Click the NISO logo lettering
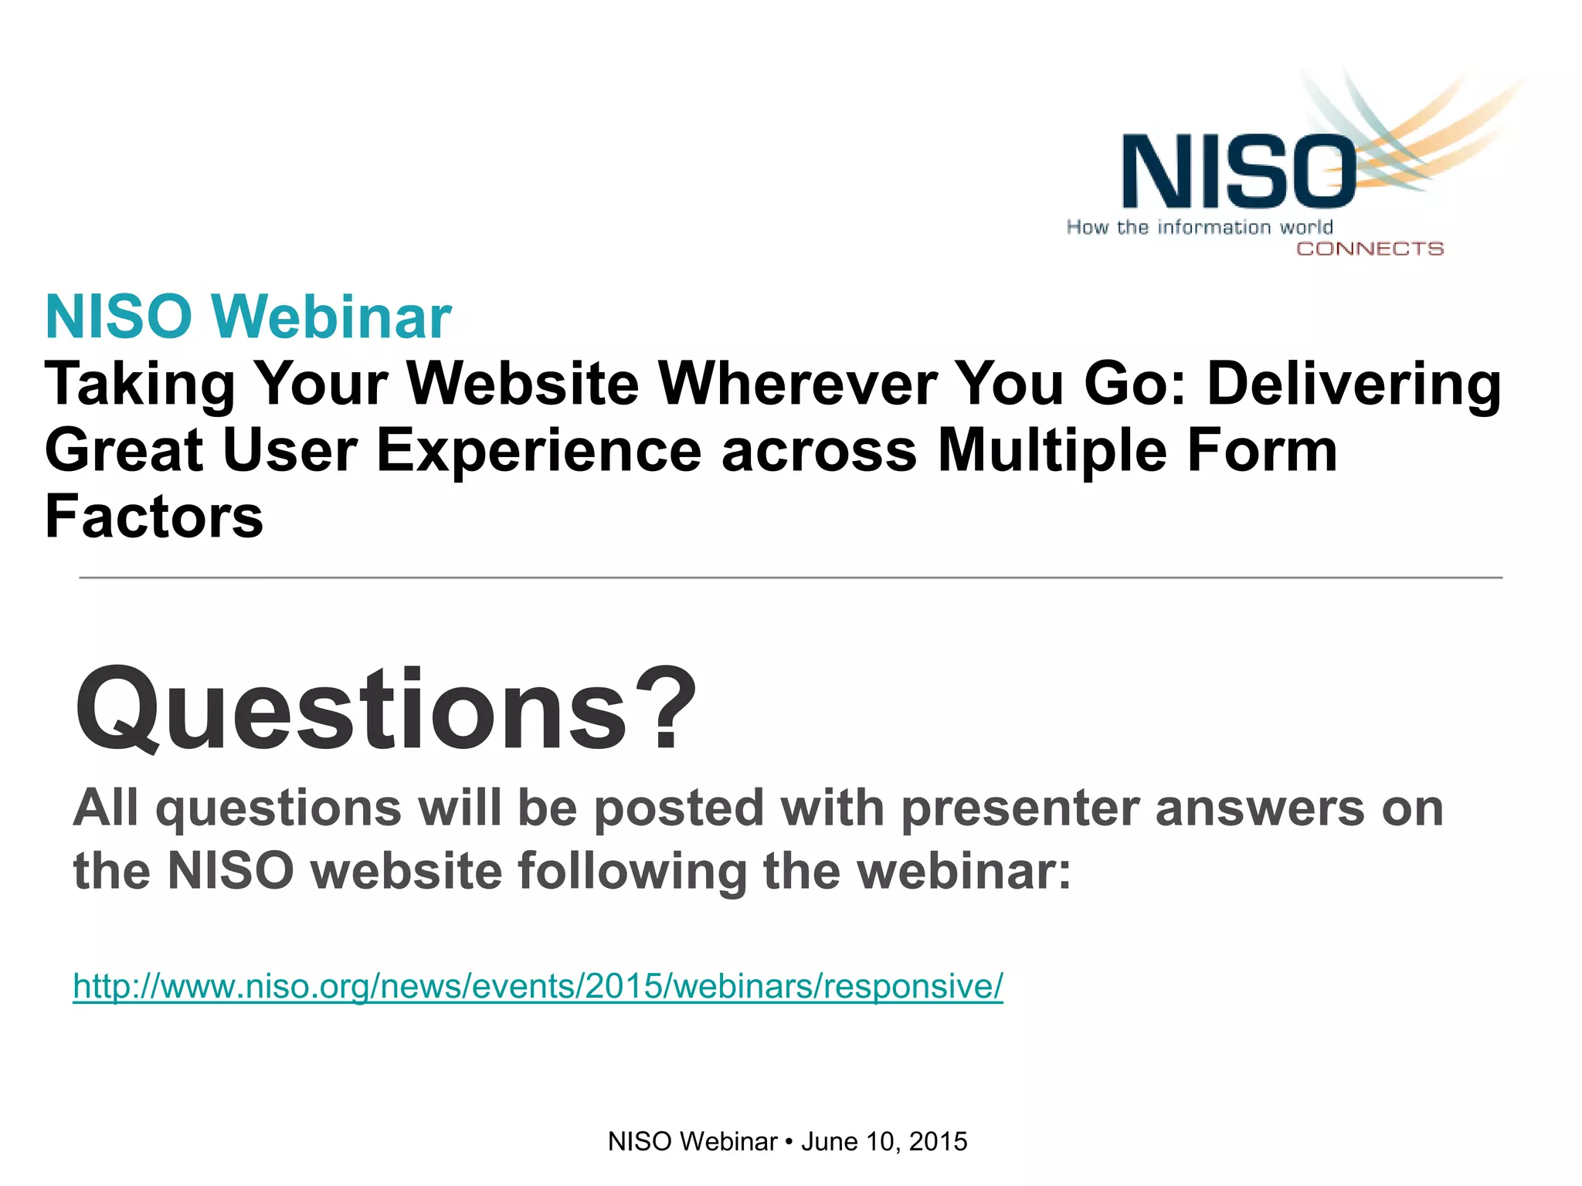(1238, 171)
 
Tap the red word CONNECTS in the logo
(1370, 249)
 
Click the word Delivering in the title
(1353, 385)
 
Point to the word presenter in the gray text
(1022, 809)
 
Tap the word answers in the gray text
(1260, 809)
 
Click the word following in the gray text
(632, 872)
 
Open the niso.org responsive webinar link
(538, 986)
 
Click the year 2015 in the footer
(939, 1141)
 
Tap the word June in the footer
(829, 1141)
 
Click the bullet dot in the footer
(789, 1142)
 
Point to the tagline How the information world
(1200, 227)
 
